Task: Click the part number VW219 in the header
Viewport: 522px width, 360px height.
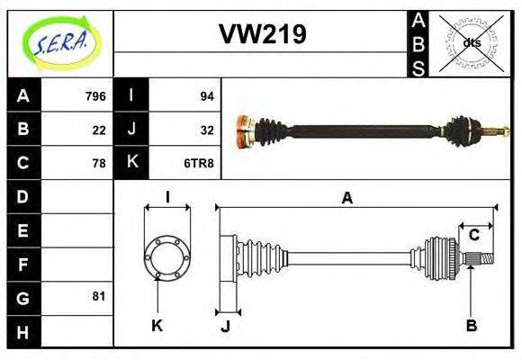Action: pyautogui.click(x=263, y=34)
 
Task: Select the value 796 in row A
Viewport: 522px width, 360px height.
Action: pyautogui.click(x=95, y=96)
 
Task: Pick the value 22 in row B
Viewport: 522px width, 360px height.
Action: pyautogui.click(x=99, y=130)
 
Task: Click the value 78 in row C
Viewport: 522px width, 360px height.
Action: pyautogui.click(x=99, y=163)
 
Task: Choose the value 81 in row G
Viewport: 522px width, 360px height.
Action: pyautogui.click(x=99, y=296)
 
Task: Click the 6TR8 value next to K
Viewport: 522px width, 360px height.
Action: pyautogui.click(x=199, y=163)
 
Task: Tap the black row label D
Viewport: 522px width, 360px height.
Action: pyautogui.click(x=23, y=196)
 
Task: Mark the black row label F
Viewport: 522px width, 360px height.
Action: pyautogui.click(x=23, y=264)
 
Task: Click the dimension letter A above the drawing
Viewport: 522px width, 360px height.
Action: pyautogui.click(x=346, y=198)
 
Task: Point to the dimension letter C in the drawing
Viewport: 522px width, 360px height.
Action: pyautogui.click(x=473, y=236)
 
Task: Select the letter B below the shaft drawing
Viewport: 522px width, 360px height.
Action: pyautogui.click(x=471, y=325)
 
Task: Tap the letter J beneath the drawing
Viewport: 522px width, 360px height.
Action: pyautogui.click(x=225, y=326)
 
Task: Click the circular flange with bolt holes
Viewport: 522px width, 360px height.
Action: pyautogui.click(x=167, y=257)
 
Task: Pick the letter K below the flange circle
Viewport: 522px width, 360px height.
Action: pyautogui.click(x=156, y=325)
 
